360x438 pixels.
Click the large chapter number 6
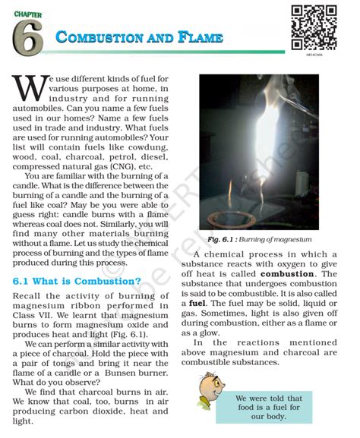pyautogui.click(x=27, y=37)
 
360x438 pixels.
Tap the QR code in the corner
pyautogui.click(x=314, y=27)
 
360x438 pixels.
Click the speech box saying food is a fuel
pyautogui.click(x=279, y=408)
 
